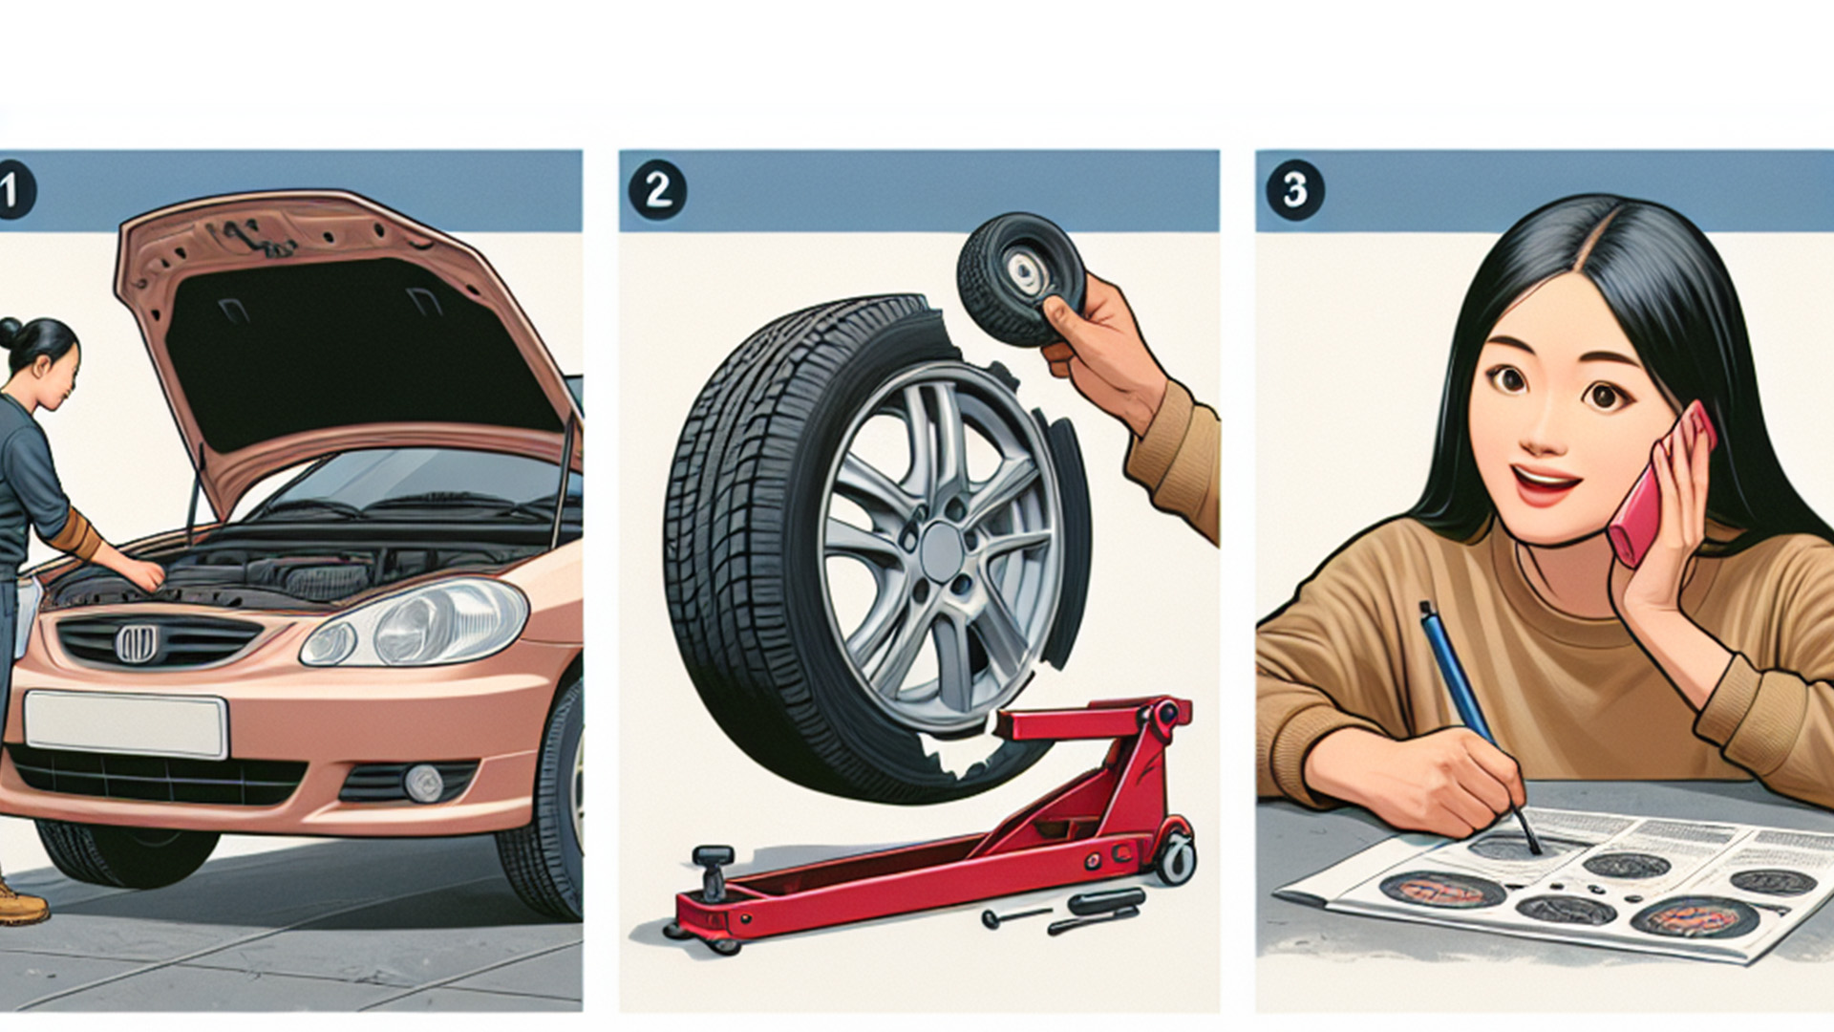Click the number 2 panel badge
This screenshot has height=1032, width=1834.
pyautogui.click(x=657, y=190)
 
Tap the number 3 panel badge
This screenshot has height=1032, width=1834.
pyautogui.click(x=1294, y=190)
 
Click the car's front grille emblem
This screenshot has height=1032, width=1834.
pyautogui.click(x=136, y=643)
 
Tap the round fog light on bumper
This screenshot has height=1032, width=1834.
pyautogui.click(x=423, y=783)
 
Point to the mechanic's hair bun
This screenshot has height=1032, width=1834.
pyautogui.click(x=9, y=332)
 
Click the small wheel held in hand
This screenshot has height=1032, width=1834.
pyautogui.click(x=1020, y=277)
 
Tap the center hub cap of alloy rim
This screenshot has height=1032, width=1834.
pyautogui.click(x=942, y=552)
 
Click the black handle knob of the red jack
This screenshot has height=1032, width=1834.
pyautogui.click(x=712, y=857)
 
